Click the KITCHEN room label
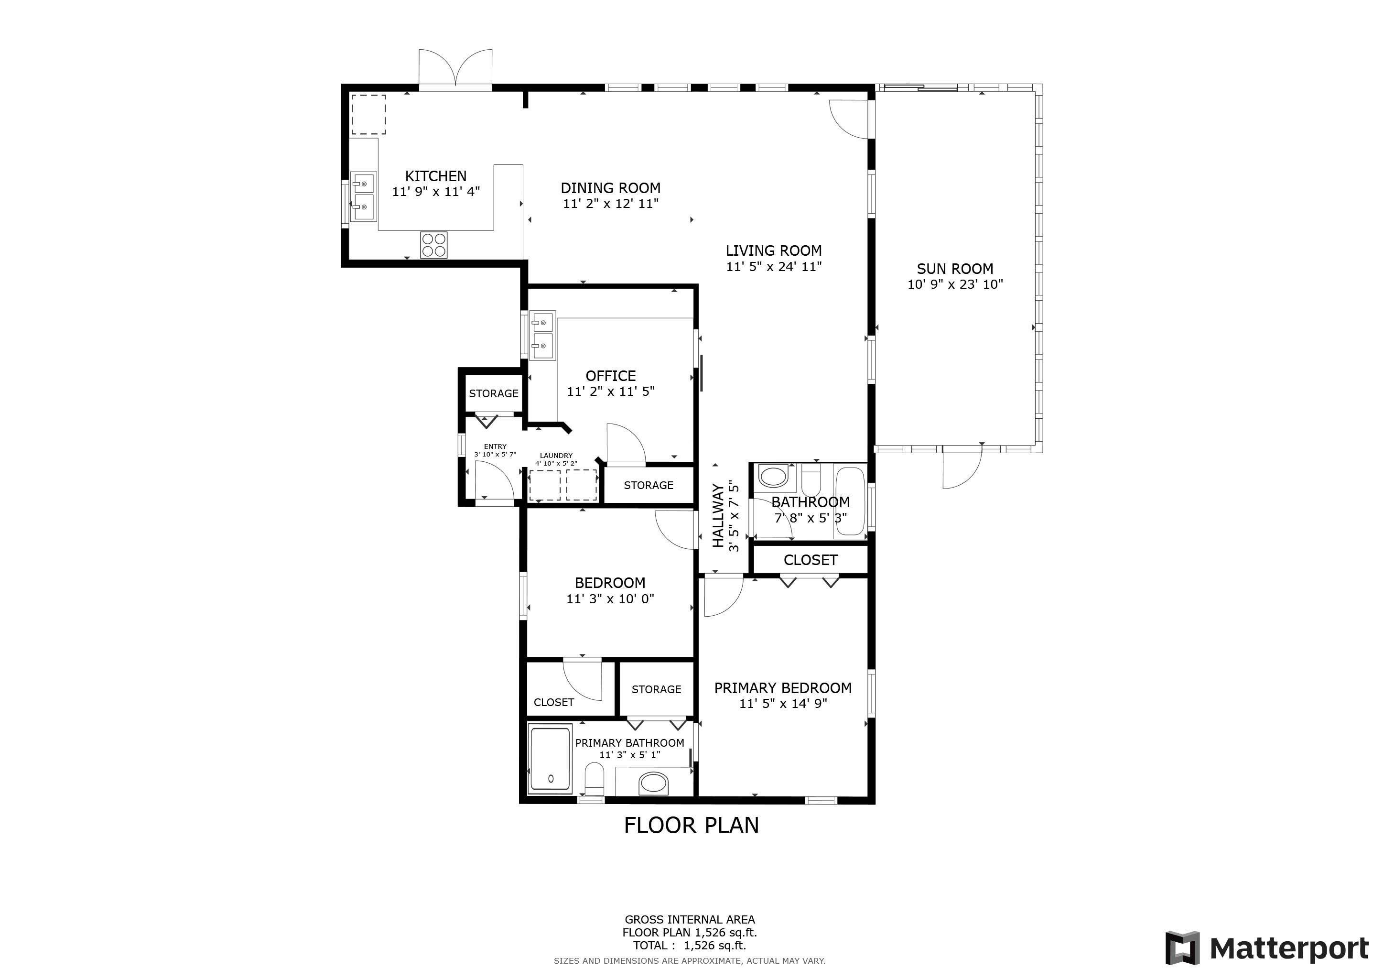(x=435, y=176)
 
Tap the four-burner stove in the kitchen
(x=433, y=245)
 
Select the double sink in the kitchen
(x=364, y=197)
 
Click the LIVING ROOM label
(x=773, y=251)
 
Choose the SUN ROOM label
(x=955, y=269)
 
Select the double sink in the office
(x=542, y=335)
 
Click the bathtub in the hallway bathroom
(x=850, y=501)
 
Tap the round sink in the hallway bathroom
(x=773, y=476)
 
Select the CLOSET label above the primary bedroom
(x=810, y=560)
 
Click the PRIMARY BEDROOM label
(x=782, y=688)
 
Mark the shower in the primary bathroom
(x=549, y=760)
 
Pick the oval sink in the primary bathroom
(x=653, y=783)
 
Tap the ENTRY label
(x=495, y=446)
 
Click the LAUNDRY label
(x=556, y=456)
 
